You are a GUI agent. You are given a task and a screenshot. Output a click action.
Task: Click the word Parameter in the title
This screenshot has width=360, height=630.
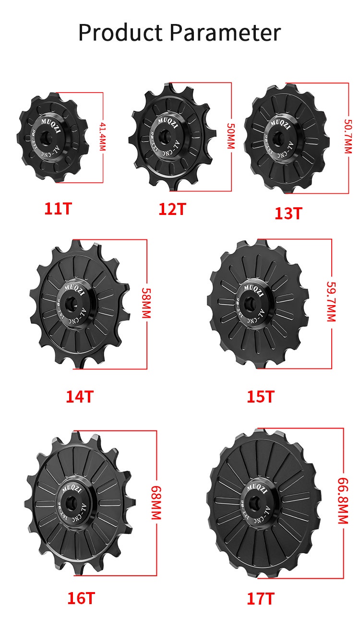[225, 33]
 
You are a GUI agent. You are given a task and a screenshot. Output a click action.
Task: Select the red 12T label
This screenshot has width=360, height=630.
[172, 209]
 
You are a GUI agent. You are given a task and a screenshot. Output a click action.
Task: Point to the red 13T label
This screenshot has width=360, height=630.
[288, 213]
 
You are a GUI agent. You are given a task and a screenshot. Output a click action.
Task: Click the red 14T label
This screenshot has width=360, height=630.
[79, 397]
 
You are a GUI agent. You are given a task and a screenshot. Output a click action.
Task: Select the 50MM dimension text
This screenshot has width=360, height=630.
[231, 136]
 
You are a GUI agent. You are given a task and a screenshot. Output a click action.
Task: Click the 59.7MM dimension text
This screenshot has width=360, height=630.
[331, 301]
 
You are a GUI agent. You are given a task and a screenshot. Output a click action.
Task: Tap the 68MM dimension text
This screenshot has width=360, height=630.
[156, 502]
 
